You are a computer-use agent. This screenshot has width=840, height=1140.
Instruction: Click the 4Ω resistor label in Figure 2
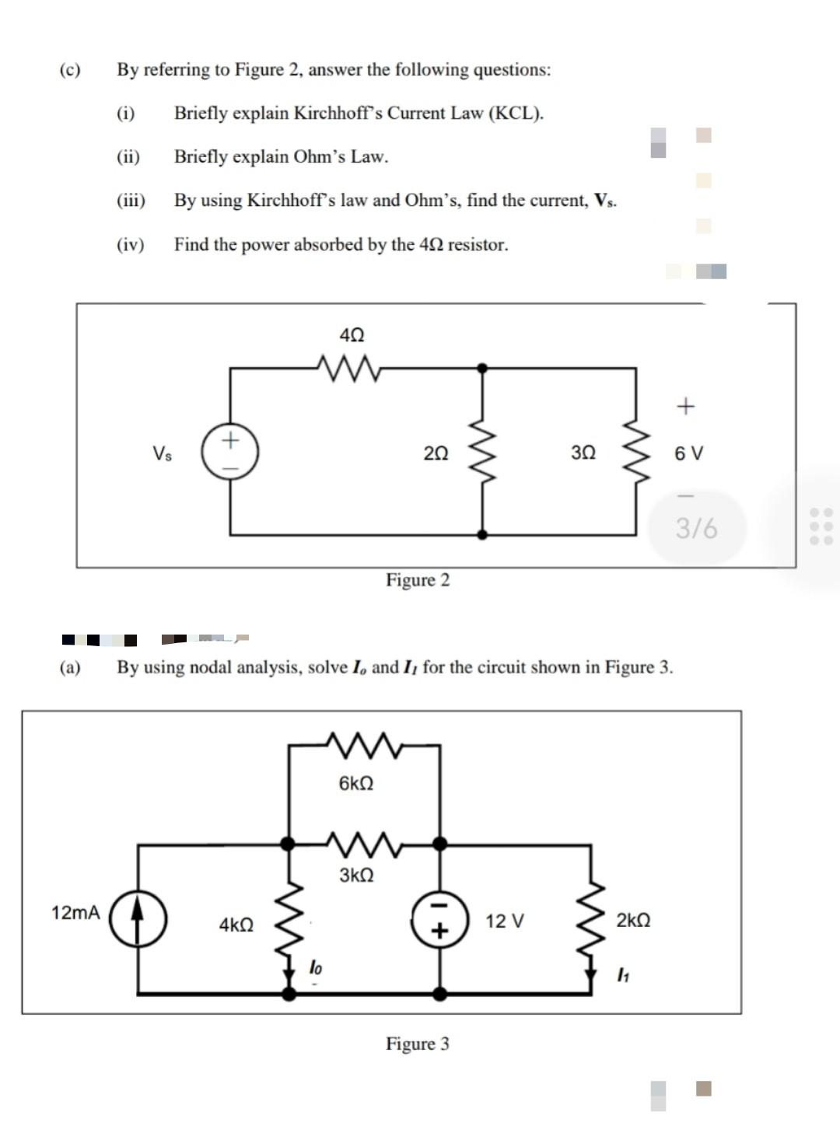click(x=352, y=335)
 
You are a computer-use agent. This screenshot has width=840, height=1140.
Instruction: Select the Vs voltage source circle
click(x=230, y=453)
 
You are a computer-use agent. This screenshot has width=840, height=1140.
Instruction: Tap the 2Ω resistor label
click(x=436, y=453)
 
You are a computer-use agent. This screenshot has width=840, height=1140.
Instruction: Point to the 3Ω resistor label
click(x=583, y=453)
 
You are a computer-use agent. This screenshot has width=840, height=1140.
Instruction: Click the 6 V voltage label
click(x=688, y=453)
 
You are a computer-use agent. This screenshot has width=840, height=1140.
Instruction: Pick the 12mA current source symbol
click(x=138, y=918)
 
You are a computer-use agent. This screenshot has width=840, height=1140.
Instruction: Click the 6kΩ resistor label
click(x=356, y=783)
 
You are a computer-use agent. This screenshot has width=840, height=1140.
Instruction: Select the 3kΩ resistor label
click(x=356, y=875)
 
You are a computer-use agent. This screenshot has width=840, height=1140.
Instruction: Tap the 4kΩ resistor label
click(x=236, y=925)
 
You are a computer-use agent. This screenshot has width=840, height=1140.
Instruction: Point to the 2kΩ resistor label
click(x=633, y=921)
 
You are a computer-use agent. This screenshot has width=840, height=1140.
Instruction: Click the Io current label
click(x=315, y=968)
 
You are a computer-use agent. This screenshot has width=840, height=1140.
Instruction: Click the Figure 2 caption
click(x=418, y=580)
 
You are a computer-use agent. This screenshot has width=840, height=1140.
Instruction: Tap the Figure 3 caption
click(x=418, y=1044)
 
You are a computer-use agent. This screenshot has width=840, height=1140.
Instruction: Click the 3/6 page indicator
click(x=696, y=529)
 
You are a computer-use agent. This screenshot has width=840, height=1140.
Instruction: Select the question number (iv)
click(x=131, y=245)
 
